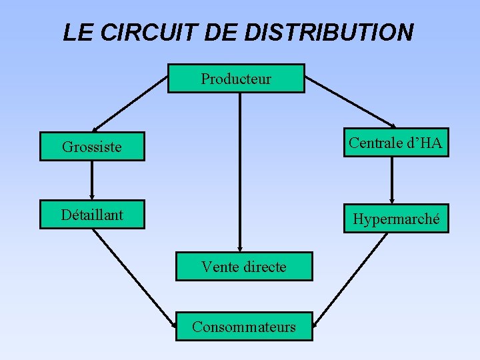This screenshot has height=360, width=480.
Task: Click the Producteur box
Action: click(x=236, y=79)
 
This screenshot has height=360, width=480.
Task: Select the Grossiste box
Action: click(x=92, y=147)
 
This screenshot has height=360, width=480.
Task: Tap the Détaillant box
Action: click(x=92, y=215)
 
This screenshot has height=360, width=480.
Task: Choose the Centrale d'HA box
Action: click(x=396, y=143)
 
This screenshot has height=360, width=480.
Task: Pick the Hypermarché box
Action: click(x=396, y=219)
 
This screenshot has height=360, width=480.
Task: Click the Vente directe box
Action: click(x=244, y=267)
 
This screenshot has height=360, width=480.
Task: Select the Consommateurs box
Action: click(x=244, y=327)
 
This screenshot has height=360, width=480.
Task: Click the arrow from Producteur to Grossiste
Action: click(x=130, y=103)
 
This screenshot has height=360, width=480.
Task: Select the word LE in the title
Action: click(x=76, y=32)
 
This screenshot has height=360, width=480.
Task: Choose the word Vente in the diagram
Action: click(x=219, y=267)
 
